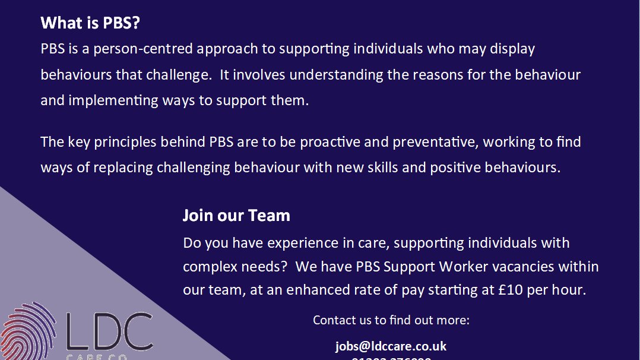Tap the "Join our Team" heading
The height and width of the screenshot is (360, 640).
tap(236, 215)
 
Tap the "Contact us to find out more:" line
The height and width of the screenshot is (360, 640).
tap(391, 320)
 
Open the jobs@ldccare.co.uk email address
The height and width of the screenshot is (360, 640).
tap(391, 346)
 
